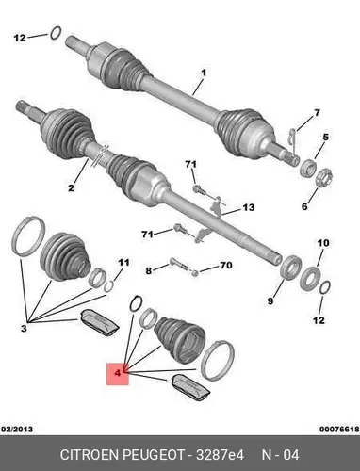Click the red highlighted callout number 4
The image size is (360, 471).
(x=118, y=374)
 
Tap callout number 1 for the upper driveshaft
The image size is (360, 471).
(x=204, y=73)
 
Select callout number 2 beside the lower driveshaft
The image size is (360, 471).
(x=71, y=187)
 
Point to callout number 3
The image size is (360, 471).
(x=24, y=329)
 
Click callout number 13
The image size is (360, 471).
(x=248, y=207)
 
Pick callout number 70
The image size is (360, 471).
(x=226, y=266)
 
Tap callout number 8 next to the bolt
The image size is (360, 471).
(x=149, y=270)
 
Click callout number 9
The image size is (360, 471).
(x=270, y=301)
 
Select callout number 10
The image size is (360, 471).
(x=323, y=243)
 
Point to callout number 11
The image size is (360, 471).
(x=123, y=262)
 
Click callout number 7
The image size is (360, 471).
(x=317, y=112)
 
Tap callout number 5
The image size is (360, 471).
(x=325, y=137)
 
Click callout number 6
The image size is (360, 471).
(x=304, y=206)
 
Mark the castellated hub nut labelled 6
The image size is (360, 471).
(x=324, y=178)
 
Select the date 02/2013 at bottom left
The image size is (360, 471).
(x=17, y=429)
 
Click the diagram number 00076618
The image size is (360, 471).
(x=339, y=429)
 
